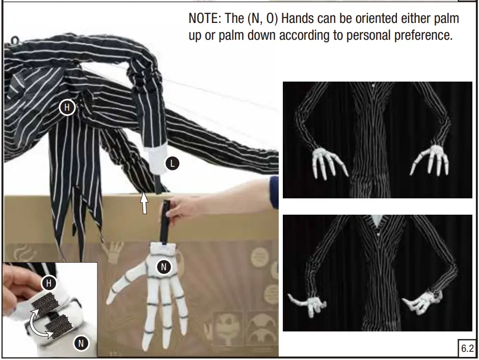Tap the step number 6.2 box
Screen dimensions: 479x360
[467, 348]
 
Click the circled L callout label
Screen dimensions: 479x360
[172, 164]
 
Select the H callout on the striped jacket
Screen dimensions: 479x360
[67, 107]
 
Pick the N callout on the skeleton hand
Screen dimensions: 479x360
[164, 267]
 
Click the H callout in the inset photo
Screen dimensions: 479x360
[49, 284]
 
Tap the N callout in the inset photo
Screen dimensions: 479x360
[81, 343]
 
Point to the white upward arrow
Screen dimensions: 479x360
[144, 202]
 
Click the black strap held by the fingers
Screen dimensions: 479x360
[165, 222]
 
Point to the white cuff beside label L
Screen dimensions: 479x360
[158, 159]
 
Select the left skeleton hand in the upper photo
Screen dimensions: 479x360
[329, 163]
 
